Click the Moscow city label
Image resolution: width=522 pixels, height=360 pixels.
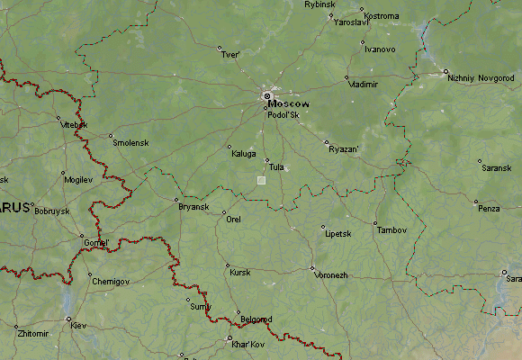tap(288, 104)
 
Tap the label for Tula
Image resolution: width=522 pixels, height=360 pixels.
tap(276, 167)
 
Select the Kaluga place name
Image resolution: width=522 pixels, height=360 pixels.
tap(243, 154)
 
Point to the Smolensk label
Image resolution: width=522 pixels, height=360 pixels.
tap(129, 142)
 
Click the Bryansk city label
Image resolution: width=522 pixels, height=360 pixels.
tap(193, 207)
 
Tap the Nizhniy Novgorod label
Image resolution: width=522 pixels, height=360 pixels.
tap(484, 77)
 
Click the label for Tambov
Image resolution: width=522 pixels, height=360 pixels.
tap(391, 230)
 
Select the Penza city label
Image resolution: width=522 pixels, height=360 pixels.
tap(489, 209)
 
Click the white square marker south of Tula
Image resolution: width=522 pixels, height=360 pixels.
tap(261, 180)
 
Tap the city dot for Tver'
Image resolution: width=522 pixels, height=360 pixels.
tap(219, 48)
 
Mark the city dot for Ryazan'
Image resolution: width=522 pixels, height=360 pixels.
tap(327, 141)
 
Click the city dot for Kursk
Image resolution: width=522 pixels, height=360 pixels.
tap(227, 265)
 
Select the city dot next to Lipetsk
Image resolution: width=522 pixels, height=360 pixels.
tap(322, 227)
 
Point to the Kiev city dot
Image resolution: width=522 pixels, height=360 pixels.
tap(68, 318)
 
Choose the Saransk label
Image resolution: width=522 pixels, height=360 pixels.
tap(496, 168)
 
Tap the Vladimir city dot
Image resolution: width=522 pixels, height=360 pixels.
tap(346, 77)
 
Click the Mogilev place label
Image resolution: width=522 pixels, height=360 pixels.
tap(78, 180)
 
